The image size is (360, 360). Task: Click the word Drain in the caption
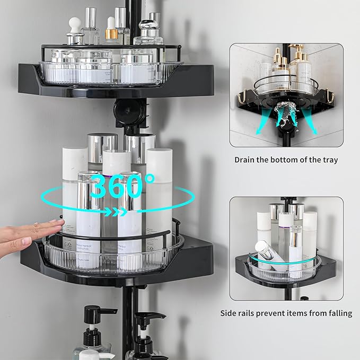click(247, 160)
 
